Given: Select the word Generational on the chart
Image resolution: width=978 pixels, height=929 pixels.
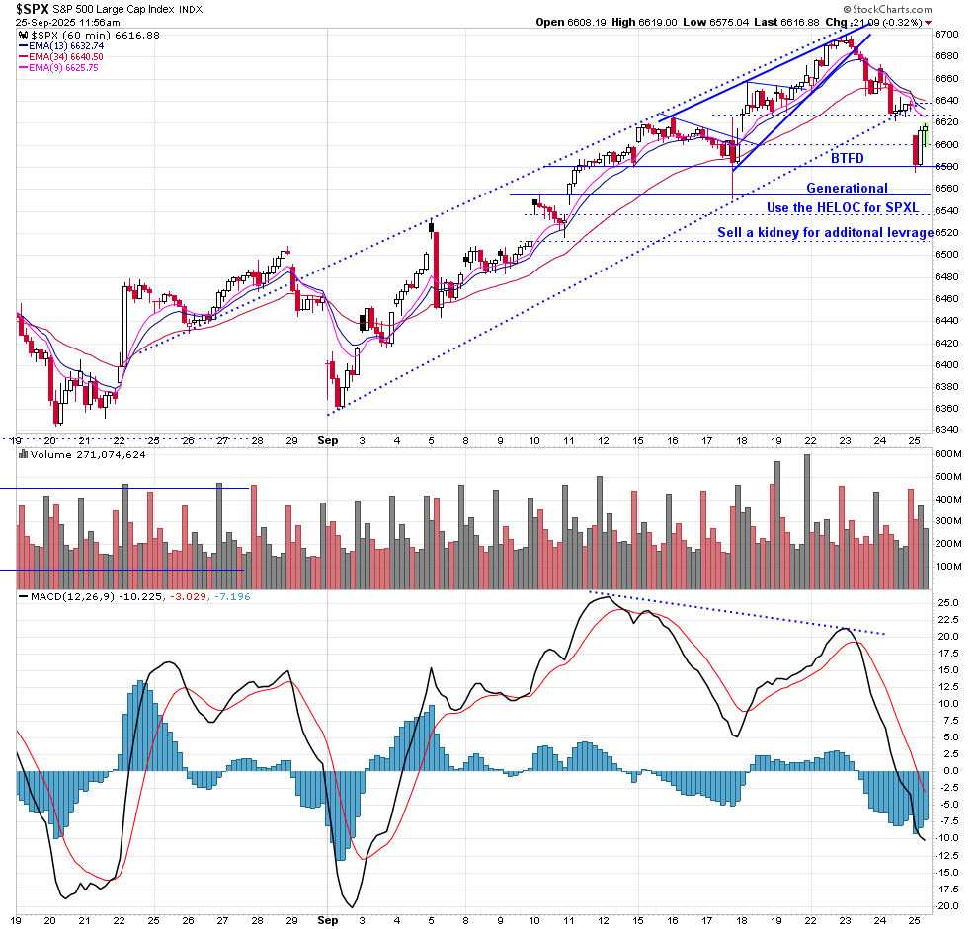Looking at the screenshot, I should point(847,188).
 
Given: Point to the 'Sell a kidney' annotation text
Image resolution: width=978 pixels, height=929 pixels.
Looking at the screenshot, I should point(826,233).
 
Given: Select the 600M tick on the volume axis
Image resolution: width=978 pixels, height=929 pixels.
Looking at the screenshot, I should point(946,454).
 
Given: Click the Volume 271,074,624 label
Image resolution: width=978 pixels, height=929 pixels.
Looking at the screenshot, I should point(73,456).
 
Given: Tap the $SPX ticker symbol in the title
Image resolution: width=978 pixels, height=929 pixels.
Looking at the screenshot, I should point(31,9).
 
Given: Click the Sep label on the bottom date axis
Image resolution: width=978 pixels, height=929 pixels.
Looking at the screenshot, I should point(328,442).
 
